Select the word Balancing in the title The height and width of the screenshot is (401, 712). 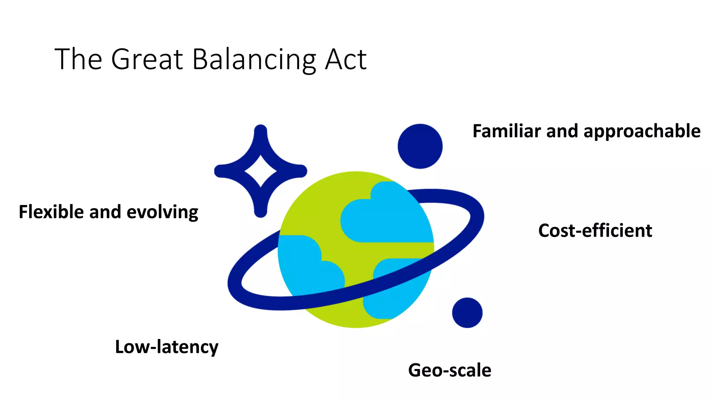(254, 60)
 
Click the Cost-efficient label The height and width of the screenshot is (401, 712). (595, 230)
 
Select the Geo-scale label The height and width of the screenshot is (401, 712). (450, 370)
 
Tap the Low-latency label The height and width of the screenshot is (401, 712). (167, 347)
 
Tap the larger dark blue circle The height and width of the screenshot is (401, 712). (420, 146)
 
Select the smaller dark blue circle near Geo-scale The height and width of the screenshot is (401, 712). (467, 313)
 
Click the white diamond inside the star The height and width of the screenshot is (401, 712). (261, 171)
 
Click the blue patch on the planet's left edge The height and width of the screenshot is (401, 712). (302, 261)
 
